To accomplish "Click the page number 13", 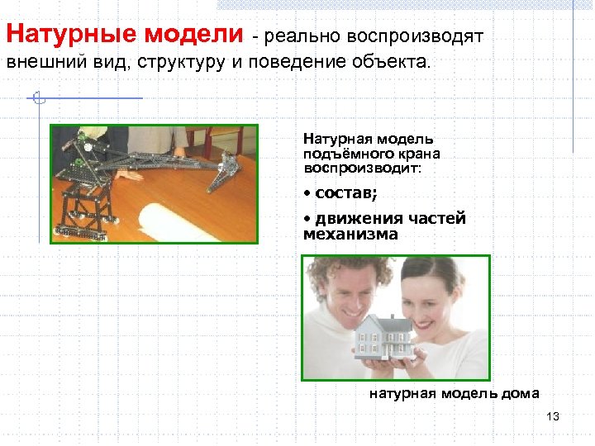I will click(x=553, y=415).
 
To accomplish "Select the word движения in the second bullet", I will click(x=350, y=218).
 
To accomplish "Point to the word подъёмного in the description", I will click(x=344, y=154).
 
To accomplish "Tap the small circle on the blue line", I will click(x=36, y=98).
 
